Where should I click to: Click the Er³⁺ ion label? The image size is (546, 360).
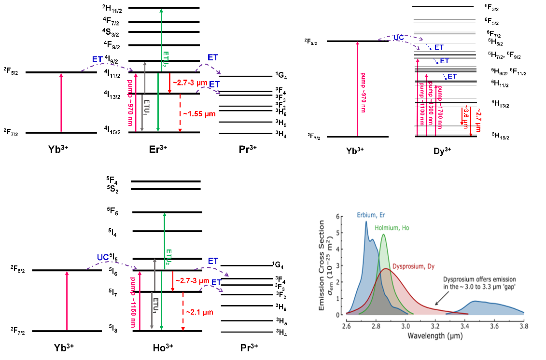158,148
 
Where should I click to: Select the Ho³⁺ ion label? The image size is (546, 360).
162,347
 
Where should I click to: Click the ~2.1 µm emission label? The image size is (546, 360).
199,312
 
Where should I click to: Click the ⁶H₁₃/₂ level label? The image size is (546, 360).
500,103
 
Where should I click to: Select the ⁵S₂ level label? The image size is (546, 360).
112,189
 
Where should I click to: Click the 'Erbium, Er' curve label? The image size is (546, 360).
372,215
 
